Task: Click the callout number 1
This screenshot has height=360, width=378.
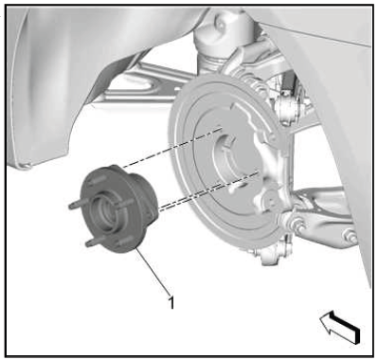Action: tap(171, 302)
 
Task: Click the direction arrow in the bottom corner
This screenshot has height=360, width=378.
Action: tap(340, 326)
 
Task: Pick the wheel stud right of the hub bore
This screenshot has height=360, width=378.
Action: tap(124, 204)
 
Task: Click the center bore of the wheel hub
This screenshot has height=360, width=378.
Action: tap(102, 212)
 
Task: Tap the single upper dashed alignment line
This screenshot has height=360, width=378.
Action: tap(172, 148)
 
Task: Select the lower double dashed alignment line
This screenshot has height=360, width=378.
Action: tap(208, 191)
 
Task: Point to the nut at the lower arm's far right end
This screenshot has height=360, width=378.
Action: tap(351, 236)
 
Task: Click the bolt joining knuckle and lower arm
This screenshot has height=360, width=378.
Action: tap(297, 225)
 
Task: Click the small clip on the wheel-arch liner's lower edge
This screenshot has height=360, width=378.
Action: tap(27, 165)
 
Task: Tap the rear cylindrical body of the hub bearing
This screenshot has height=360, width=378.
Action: tap(145, 196)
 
